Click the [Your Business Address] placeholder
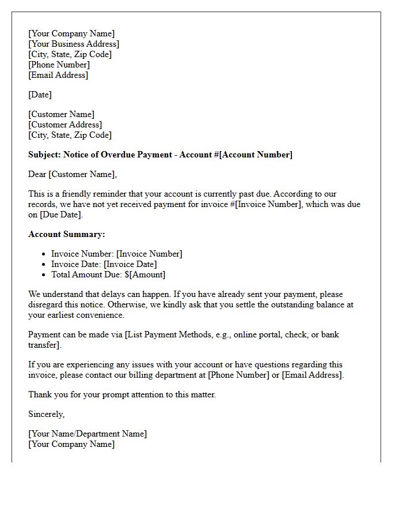click(74, 44)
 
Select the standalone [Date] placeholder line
click(40, 95)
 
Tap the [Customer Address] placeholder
click(65, 125)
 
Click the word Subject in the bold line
click(44, 155)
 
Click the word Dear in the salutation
click(37, 174)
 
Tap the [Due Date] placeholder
click(60, 215)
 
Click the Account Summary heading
click(67, 234)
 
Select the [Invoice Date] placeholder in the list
click(130, 264)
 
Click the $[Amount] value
click(145, 274)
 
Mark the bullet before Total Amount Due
click(44, 275)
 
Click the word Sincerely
click(46, 414)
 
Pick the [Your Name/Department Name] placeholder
click(88, 434)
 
